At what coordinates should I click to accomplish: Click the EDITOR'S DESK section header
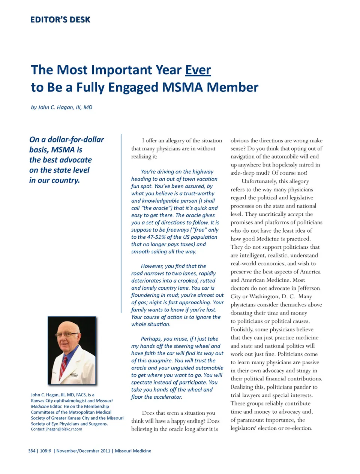[x=60, y=20]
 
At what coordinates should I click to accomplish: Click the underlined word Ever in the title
[x=198, y=70]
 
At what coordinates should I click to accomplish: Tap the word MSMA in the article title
[x=182, y=87]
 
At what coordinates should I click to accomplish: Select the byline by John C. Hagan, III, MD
[x=61, y=107]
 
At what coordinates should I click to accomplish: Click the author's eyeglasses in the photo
[x=67, y=334]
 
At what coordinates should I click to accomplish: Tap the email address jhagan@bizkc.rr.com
[x=64, y=429]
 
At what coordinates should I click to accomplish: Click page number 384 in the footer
[x=31, y=451]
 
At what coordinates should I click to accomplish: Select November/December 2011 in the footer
[x=83, y=451]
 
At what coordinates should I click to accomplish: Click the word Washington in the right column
[x=264, y=296]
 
